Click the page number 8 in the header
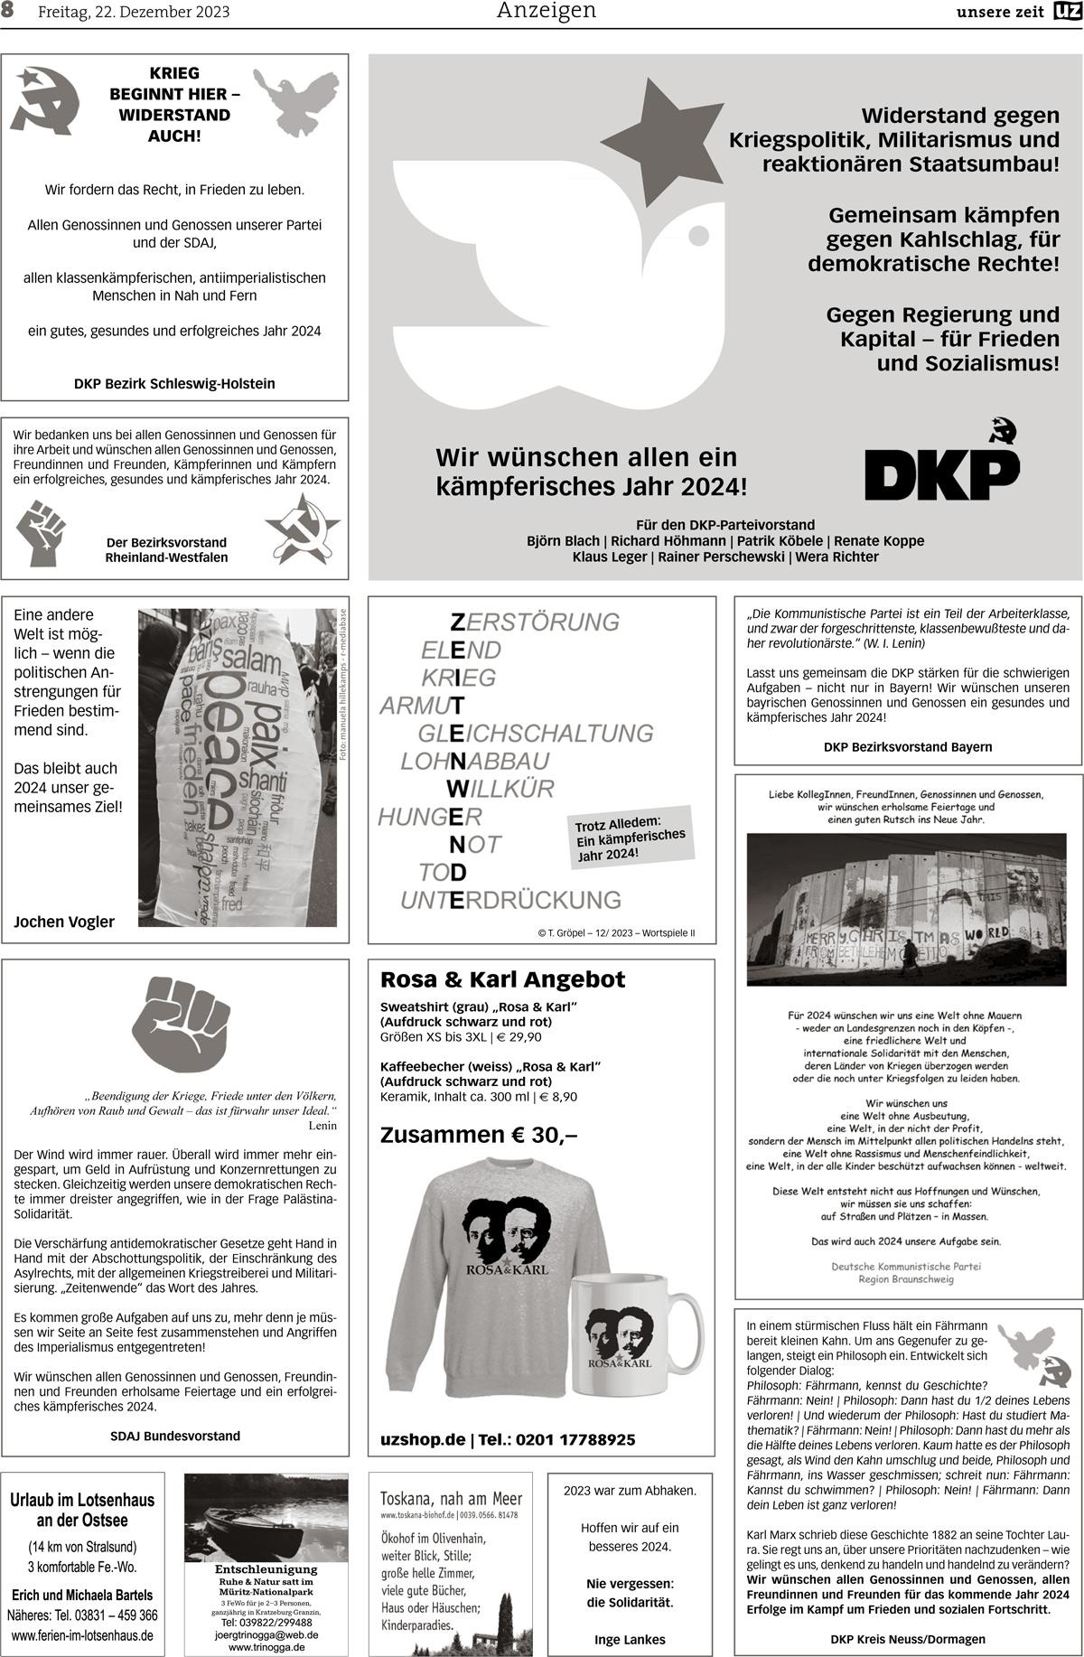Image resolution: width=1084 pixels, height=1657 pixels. point(9,12)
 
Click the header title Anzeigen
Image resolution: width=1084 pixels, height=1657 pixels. point(547,11)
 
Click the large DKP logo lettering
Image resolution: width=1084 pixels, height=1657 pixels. point(941,470)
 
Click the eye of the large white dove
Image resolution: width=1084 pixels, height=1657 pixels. point(699,235)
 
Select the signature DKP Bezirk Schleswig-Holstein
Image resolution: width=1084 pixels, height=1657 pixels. point(174,383)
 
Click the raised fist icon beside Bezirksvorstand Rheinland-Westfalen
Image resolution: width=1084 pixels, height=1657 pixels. point(42,532)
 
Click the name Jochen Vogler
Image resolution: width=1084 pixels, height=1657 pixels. point(64,922)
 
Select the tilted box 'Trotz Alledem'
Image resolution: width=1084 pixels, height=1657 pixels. point(631,837)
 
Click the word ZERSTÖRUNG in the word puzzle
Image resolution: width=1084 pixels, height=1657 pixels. point(534,622)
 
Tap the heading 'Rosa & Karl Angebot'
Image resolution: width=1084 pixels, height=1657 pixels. point(502,979)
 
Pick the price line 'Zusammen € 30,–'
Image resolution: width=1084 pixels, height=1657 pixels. point(479,1135)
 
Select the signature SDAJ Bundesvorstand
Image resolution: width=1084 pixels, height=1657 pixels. point(175,1436)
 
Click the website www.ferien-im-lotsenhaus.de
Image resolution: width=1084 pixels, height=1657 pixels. point(82,1635)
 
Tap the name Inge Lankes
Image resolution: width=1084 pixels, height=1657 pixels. point(630,1639)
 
